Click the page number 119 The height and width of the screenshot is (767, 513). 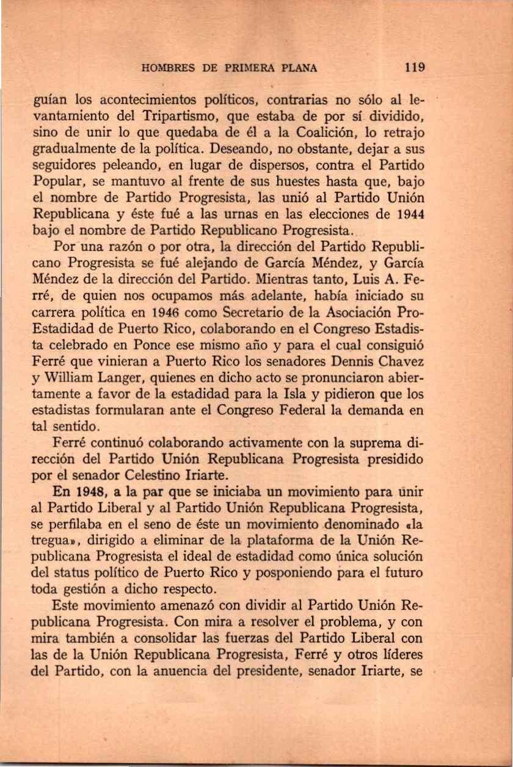click(413, 67)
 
